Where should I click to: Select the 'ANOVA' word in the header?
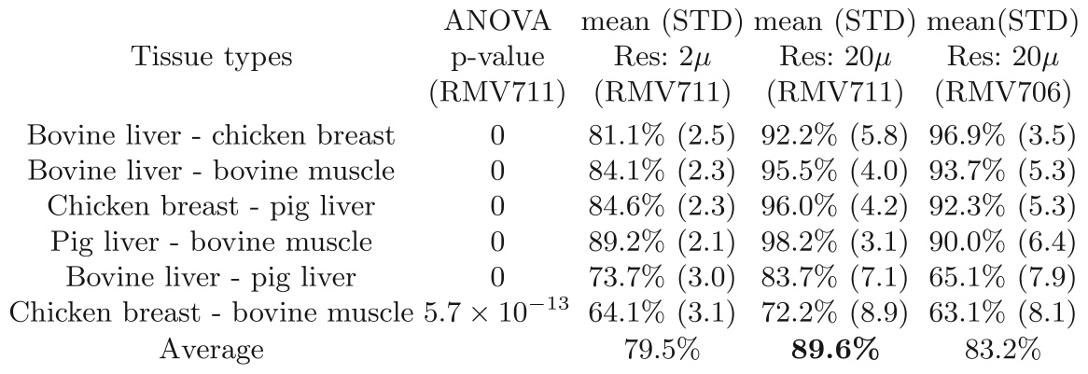[498, 21]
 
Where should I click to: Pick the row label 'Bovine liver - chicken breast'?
[211, 136]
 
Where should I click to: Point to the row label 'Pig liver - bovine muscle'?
[211, 243]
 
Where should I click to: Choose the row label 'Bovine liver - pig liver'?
[211, 279]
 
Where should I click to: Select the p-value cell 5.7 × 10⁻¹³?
[495, 313]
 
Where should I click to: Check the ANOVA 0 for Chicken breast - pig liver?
[498, 208]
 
